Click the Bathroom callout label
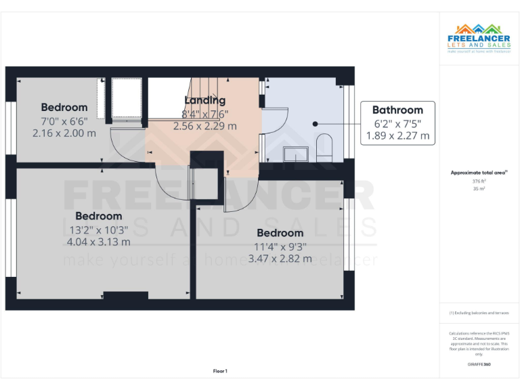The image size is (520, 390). [397, 110]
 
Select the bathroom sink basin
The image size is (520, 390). [295, 154]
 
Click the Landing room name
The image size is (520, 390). [204, 100]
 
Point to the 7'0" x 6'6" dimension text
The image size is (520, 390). [64, 121]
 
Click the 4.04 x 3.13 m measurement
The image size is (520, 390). [98, 242]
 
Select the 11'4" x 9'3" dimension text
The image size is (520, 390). [280, 246]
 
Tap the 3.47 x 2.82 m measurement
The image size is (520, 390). [280, 259]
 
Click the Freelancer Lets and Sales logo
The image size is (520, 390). [479, 37]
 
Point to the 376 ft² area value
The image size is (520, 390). [479, 181]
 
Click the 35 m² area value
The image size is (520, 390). [479, 189]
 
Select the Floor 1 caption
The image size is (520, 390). [220, 371]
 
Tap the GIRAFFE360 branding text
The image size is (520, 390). [479, 365]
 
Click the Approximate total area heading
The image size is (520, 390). [479, 173]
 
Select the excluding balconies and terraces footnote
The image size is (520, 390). [479, 313]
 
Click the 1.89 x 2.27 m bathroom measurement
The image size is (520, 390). [397, 135]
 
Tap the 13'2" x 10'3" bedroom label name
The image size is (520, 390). [99, 216]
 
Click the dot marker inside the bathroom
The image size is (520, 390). [316, 124]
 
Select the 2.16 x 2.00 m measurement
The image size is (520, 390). [64, 133]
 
